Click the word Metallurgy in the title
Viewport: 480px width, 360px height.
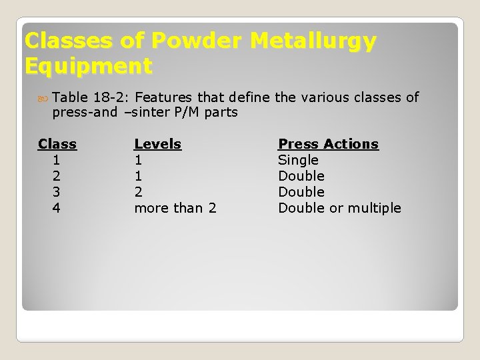coord(313,41)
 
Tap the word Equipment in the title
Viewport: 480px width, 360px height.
coord(88,66)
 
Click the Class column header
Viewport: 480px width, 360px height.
coord(57,144)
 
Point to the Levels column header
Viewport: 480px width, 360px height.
coord(157,144)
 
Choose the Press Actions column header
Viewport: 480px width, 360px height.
coord(328,144)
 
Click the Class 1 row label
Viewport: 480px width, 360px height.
coord(57,160)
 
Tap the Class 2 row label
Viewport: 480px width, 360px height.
coord(57,176)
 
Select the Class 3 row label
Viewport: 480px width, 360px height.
coord(57,192)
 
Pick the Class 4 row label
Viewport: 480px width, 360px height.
coord(57,208)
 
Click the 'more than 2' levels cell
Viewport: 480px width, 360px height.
coord(175,208)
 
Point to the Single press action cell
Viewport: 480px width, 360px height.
coord(298,160)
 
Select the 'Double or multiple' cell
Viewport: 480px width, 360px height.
coord(339,208)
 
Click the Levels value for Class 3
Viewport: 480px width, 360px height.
coord(138,192)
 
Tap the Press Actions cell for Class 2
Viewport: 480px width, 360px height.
coord(301,176)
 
